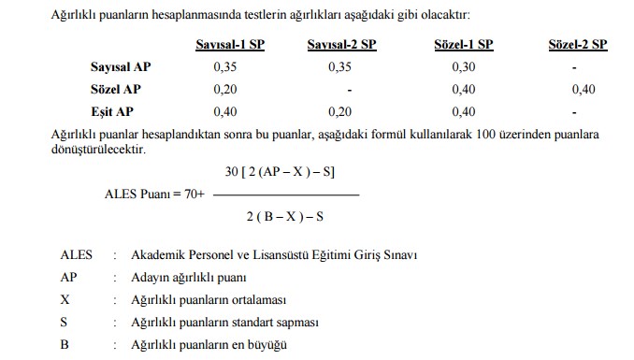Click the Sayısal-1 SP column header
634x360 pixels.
230,45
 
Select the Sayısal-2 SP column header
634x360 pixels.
342,45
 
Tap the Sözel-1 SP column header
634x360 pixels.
464,45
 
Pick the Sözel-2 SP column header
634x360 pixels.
577,45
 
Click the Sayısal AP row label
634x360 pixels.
119,67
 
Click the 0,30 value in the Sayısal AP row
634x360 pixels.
463,67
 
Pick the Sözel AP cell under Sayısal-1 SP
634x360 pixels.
226,89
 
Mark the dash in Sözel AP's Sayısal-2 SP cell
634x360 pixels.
347,90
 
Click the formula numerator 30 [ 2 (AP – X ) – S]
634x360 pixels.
281,173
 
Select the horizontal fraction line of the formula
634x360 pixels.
286,194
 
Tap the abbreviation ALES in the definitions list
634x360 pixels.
77,255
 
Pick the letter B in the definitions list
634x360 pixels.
65,344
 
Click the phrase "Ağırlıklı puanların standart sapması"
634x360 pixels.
225,323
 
